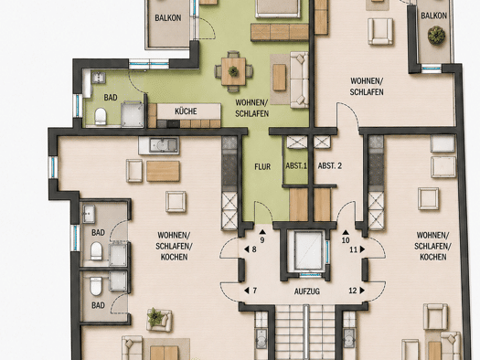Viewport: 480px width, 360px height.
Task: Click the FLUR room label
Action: click(262, 166)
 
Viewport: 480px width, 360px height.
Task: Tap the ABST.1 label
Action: click(296, 166)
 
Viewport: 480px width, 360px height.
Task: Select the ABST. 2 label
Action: click(330, 166)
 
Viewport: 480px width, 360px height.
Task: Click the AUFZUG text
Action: click(306, 291)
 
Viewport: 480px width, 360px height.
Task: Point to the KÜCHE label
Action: click(186, 111)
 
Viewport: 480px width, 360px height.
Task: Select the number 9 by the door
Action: click(262, 240)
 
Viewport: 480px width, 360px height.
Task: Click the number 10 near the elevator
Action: click(346, 240)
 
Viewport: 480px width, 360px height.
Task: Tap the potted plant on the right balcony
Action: click(436, 35)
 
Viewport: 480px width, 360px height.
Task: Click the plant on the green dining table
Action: click(233, 71)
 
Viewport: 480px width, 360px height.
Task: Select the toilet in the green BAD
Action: click(101, 116)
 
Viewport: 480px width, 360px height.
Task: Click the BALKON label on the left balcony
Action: click(167, 17)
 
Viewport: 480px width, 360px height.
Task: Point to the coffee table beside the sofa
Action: click(279, 77)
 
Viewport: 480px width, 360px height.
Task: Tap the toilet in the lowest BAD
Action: click(95, 287)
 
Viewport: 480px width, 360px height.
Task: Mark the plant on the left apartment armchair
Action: click(155, 317)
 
